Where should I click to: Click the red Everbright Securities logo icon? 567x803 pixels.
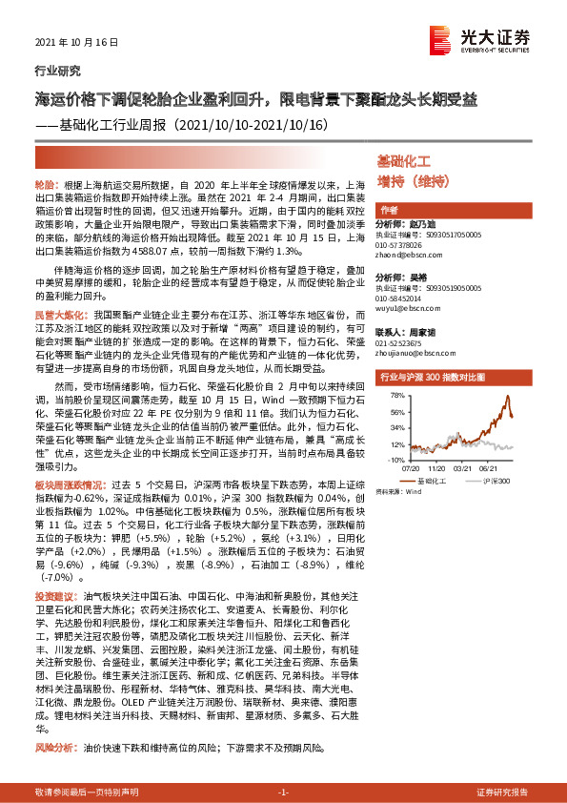(439, 35)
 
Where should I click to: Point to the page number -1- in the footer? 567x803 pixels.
(282, 793)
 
